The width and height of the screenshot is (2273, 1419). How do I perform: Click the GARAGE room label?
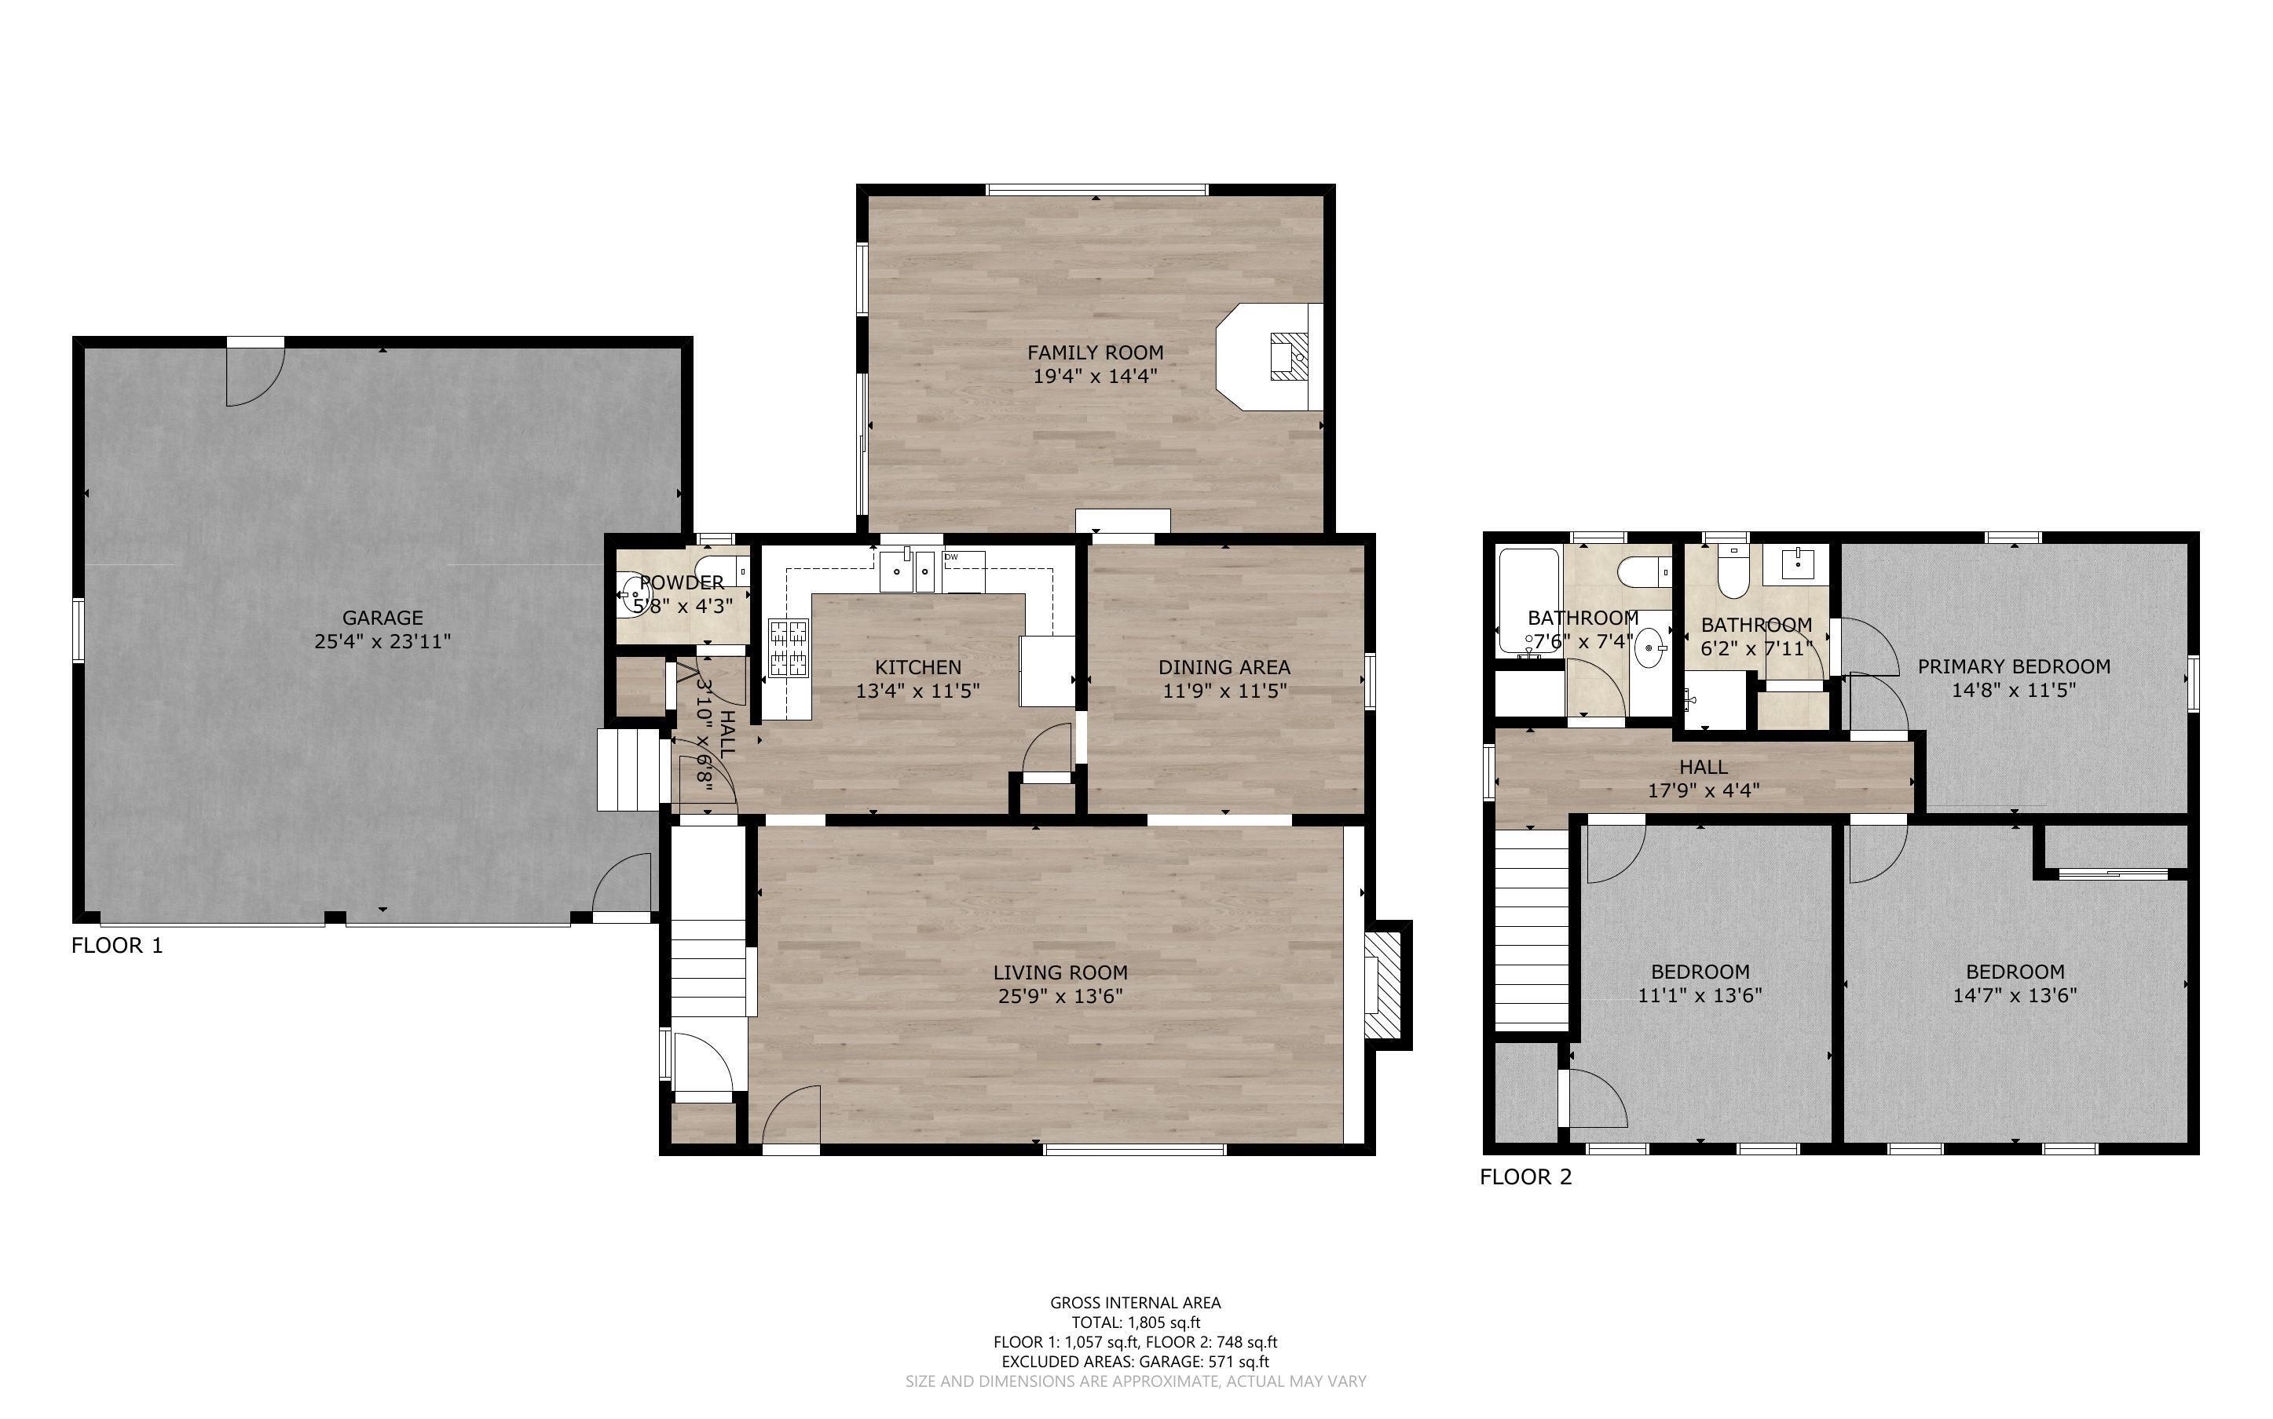tap(382, 618)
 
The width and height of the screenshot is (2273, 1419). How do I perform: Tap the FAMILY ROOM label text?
tap(1095, 353)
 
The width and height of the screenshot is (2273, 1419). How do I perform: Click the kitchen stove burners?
tap(789, 647)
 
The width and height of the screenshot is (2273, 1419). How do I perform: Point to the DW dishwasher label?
tap(951, 556)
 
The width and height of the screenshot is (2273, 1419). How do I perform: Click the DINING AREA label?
tap(1224, 667)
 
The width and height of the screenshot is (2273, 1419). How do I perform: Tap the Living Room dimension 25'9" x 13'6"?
tap(1061, 996)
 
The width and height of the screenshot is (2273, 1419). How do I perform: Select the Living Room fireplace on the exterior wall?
tap(1385, 984)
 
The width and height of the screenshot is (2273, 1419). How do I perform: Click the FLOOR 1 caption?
tap(117, 945)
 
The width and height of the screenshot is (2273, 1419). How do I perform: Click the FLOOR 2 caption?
tap(1525, 1176)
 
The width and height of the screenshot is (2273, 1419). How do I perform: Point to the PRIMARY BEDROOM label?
tap(2014, 666)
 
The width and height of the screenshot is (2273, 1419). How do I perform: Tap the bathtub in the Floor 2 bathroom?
tap(1528, 600)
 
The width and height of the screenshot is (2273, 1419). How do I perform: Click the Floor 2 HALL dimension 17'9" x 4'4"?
tap(1703, 790)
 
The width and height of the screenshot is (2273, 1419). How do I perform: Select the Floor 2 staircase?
tap(1532, 929)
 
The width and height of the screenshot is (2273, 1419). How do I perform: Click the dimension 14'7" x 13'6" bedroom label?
tap(2015, 996)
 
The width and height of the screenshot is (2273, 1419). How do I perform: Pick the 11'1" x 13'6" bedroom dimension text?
tap(1700, 996)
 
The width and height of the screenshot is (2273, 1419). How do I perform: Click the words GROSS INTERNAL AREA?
tap(1135, 1303)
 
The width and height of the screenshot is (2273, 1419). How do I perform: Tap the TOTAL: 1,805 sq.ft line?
tap(1136, 1322)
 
